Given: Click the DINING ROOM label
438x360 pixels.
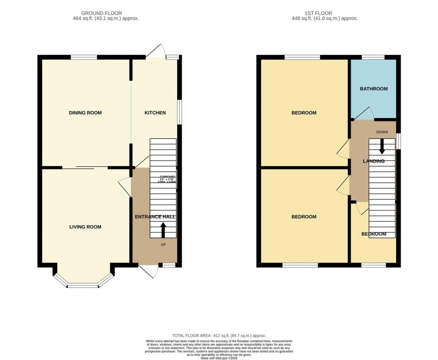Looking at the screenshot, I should [85, 113].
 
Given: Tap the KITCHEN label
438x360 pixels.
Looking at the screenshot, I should [155, 113].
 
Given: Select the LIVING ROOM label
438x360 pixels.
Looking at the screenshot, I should [85, 227].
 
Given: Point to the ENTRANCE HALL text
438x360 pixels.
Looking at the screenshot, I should [155, 217].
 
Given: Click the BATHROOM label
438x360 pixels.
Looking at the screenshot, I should [374, 89].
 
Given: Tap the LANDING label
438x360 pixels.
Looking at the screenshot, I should [374, 161].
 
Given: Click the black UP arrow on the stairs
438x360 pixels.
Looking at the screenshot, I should [163, 230].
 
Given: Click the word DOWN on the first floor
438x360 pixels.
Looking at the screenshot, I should [382, 132].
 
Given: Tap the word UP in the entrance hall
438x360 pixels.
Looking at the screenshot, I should [164, 245].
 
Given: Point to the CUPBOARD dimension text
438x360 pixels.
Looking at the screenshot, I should [168, 179].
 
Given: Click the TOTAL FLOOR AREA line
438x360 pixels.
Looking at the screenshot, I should [219, 335].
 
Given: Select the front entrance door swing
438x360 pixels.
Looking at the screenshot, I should [149, 271].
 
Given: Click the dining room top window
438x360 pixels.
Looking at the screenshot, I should [84, 57].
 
